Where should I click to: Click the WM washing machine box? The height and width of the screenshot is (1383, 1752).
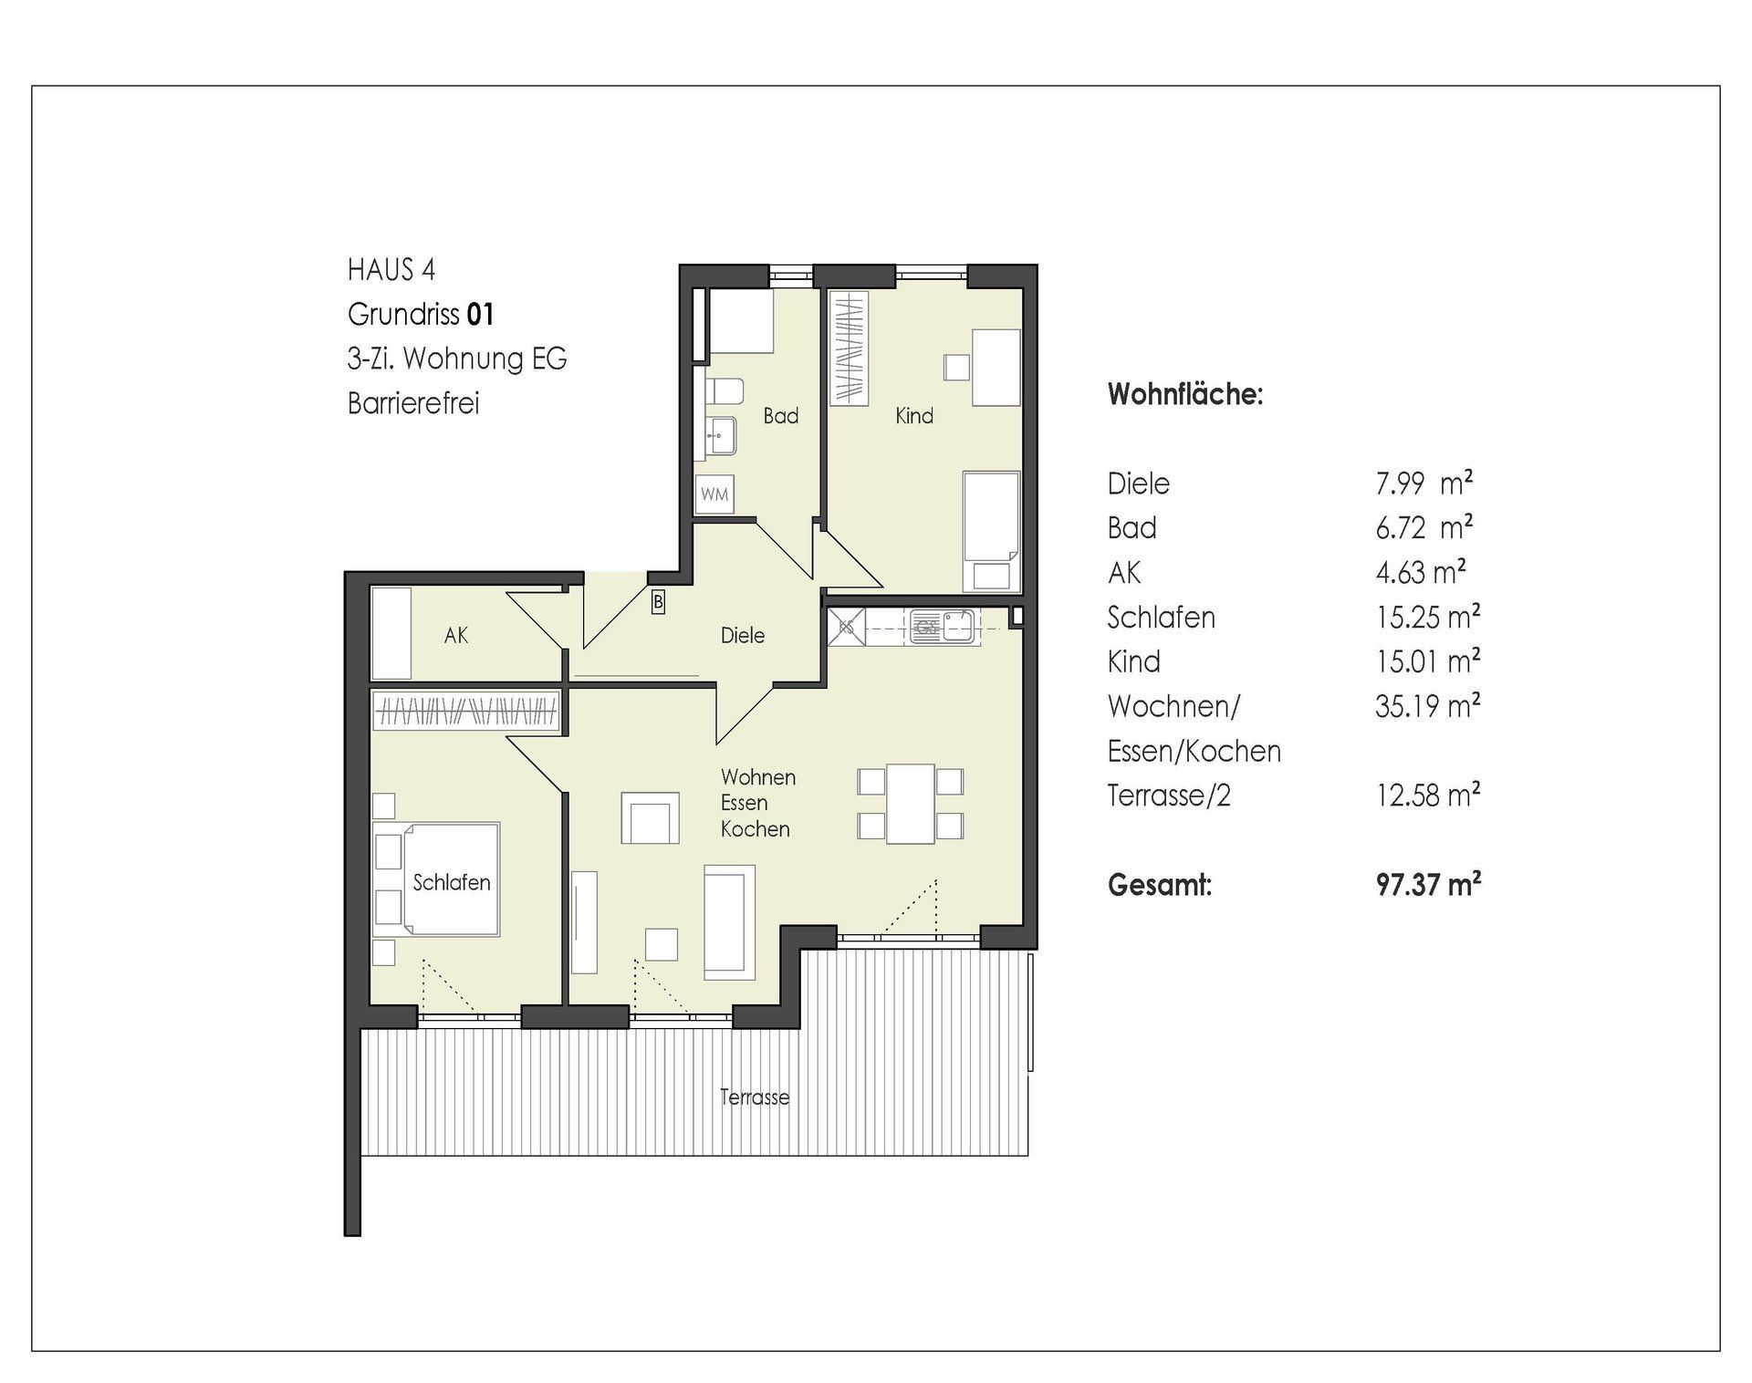coord(714,494)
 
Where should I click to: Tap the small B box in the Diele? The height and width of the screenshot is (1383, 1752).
coord(658,602)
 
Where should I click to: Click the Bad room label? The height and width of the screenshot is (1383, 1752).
coord(781,416)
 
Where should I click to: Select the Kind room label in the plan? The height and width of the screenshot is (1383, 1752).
coord(914,416)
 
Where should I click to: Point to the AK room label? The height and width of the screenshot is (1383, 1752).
coord(456,635)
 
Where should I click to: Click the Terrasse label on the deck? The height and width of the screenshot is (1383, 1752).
coord(755,1097)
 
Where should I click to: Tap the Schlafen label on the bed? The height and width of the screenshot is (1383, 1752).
coord(452,882)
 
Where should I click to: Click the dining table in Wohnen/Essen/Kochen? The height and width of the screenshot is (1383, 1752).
coord(911,804)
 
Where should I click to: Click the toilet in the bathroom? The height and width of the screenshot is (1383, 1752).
coord(725,391)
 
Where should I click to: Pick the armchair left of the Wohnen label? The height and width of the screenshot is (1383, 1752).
coord(650,817)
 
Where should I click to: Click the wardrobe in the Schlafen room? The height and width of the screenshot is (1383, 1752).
coord(465,710)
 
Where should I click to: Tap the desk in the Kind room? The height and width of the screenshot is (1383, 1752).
coord(996,368)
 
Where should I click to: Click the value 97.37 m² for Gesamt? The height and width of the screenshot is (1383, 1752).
coord(1428,884)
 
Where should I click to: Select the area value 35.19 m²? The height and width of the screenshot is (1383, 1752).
coord(1427,705)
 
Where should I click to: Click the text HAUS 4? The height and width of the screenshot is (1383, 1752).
coord(391,269)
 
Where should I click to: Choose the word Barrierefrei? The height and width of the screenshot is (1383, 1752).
coord(413,402)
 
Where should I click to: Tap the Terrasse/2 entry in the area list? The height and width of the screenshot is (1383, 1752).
coord(1169,795)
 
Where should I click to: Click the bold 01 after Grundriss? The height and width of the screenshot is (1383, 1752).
coord(480,314)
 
